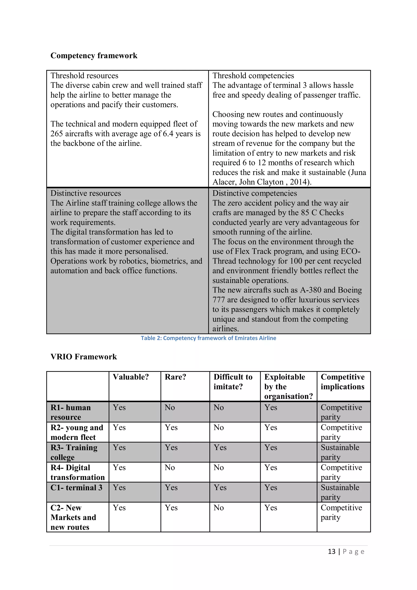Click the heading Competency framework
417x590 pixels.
(x=94, y=56)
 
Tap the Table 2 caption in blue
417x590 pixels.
(x=208, y=338)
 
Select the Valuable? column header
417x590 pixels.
(x=131, y=377)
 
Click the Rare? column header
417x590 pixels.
(x=175, y=377)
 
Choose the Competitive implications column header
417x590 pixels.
(x=342, y=382)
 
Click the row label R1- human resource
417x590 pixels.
(x=71, y=412)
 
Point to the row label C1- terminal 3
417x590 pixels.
(x=76, y=488)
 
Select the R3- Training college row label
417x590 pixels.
(x=74, y=452)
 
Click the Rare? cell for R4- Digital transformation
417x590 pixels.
(x=170, y=467)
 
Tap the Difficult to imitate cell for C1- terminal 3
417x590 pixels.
(x=220, y=488)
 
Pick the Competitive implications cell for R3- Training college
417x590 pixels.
(x=340, y=452)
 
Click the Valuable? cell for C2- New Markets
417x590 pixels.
(x=119, y=508)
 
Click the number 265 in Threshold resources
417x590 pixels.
(x=57, y=134)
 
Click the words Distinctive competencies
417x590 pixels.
(x=254, y=193)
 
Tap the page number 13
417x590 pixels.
(x=331, y=552)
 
